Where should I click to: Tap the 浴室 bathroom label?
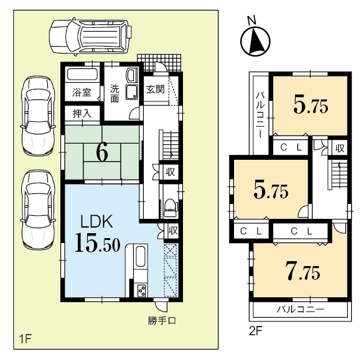click(82, 92)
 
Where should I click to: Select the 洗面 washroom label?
click(115, 94)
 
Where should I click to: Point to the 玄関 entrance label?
click(156, 90)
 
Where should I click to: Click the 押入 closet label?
click(82, 113)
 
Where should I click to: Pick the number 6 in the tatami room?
click(102, 154)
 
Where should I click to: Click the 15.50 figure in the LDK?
click(97, 242)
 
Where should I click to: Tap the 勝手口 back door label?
click(162, 320)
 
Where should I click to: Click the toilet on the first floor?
click(171, 208)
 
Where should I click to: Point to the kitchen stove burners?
click(141, 291)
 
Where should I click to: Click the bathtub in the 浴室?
click(82, 75)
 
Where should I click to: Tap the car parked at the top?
click(91, 37)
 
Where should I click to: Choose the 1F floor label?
click(25, 339)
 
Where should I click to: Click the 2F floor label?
click(256, 331)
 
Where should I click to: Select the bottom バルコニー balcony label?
click(300, 309)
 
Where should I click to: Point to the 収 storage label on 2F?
click(340, 148)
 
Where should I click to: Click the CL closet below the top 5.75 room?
click(291, 147)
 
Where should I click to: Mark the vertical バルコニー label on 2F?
click(260, 115)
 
